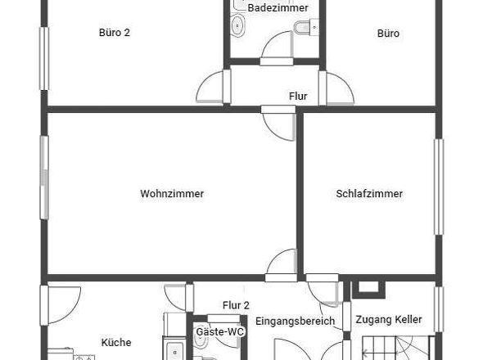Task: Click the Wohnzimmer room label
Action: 172,194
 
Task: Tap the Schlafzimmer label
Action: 369,194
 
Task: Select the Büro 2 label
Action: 115,33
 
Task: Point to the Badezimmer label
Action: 278,8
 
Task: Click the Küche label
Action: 116,342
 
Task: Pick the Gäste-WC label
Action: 220,331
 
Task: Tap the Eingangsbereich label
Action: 295,322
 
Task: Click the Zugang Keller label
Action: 389,320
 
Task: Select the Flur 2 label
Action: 236,305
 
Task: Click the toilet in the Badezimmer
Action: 306,27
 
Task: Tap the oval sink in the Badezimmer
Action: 237,26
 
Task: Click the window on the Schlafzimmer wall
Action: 439,187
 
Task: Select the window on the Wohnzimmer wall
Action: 44,178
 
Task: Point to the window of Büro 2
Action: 44,59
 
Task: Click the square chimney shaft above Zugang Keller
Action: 368,289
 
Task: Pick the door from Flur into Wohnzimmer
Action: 279,124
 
